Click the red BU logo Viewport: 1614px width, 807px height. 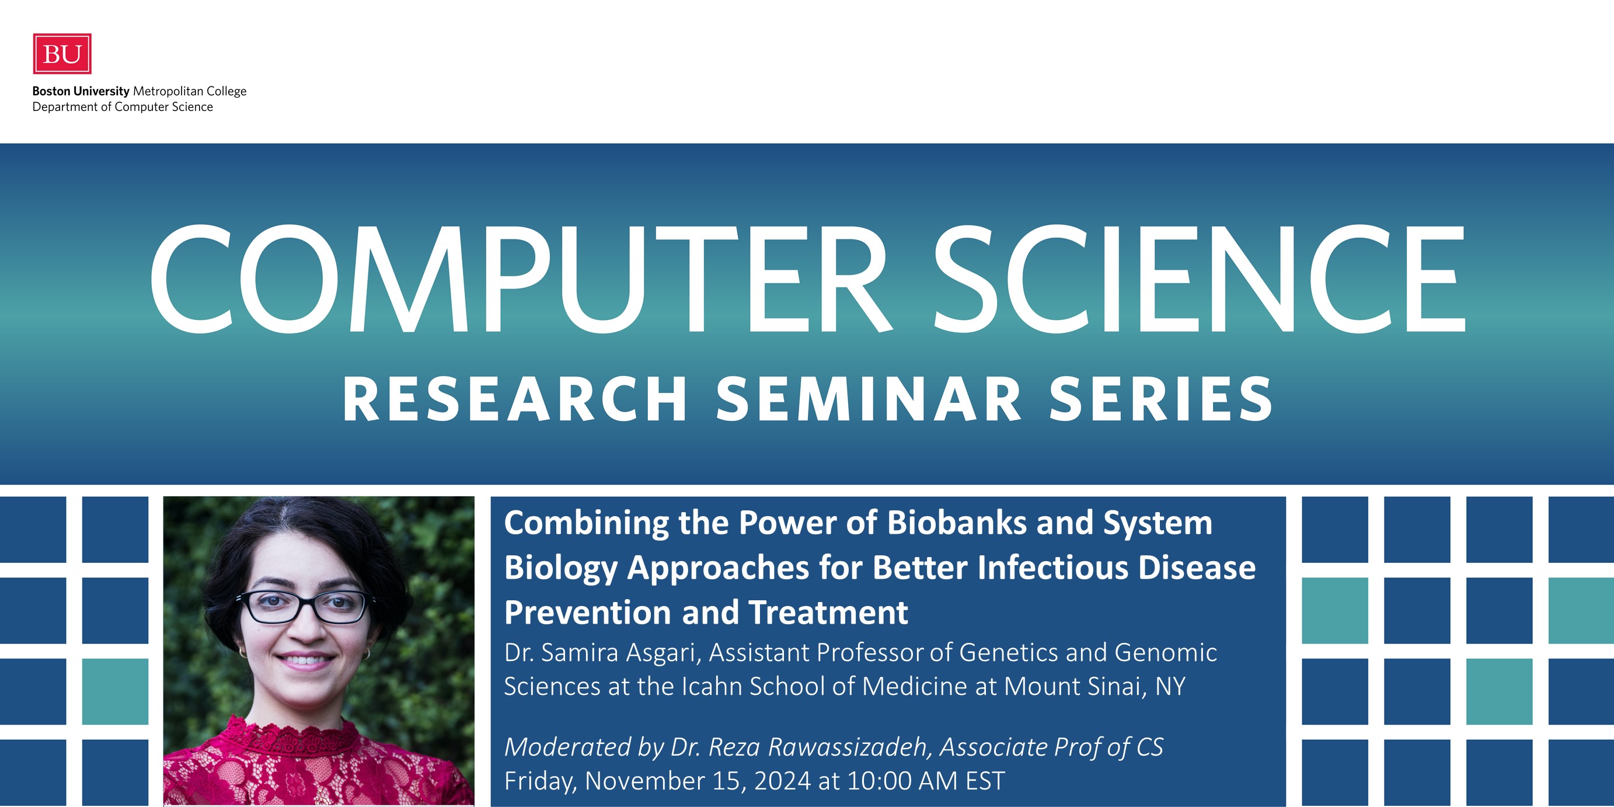pos(62,54)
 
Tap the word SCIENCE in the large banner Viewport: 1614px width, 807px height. pos(1199,279)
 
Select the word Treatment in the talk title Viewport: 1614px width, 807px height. pos(828,612)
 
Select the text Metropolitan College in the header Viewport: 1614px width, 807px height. pos(190,92)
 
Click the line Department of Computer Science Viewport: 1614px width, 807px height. pos(123,107)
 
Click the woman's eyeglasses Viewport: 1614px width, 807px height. pos(305,605)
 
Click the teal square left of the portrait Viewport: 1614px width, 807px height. pos(116,691)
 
